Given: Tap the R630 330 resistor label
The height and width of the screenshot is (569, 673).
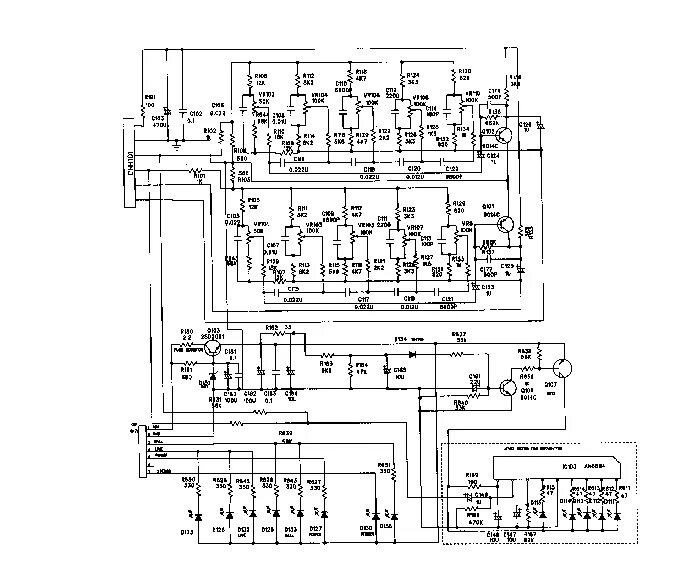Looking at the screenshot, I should [x=189, y=484].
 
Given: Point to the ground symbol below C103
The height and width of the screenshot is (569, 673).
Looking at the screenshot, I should [x=176, y=144].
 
